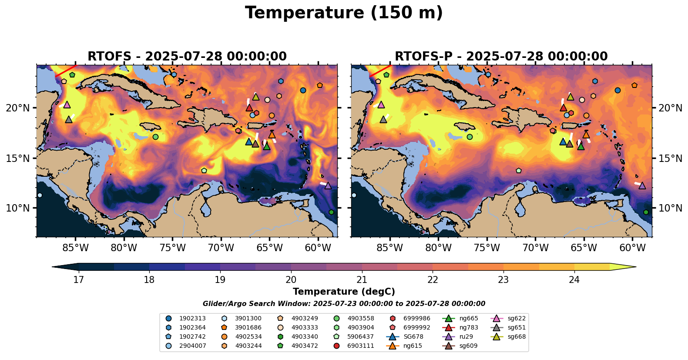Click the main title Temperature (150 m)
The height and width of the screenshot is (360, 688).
tap(344, 13)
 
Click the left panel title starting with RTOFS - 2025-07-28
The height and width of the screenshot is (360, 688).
tap(187, 57)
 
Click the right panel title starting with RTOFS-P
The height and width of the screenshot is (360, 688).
tap(501, 57)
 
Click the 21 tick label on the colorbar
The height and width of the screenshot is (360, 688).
tap(362, 279)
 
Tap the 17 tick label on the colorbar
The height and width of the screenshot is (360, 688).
tap(78, 279)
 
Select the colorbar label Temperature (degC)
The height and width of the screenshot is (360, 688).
tap(344, 292)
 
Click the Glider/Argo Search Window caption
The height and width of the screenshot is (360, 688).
tap(344, 304)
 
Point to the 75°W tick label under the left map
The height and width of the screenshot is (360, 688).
tap(173, 248)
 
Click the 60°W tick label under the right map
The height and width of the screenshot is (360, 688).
tap(632, 248)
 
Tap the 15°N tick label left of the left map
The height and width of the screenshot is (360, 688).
tap(18, 158)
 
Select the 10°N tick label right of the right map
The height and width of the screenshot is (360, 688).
tap(670, 208)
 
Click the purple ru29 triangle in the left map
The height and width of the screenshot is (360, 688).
tap(328, 186)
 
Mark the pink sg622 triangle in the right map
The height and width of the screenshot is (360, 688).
tap(381, 104)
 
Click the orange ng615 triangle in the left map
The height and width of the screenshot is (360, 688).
tap(272, 135)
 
